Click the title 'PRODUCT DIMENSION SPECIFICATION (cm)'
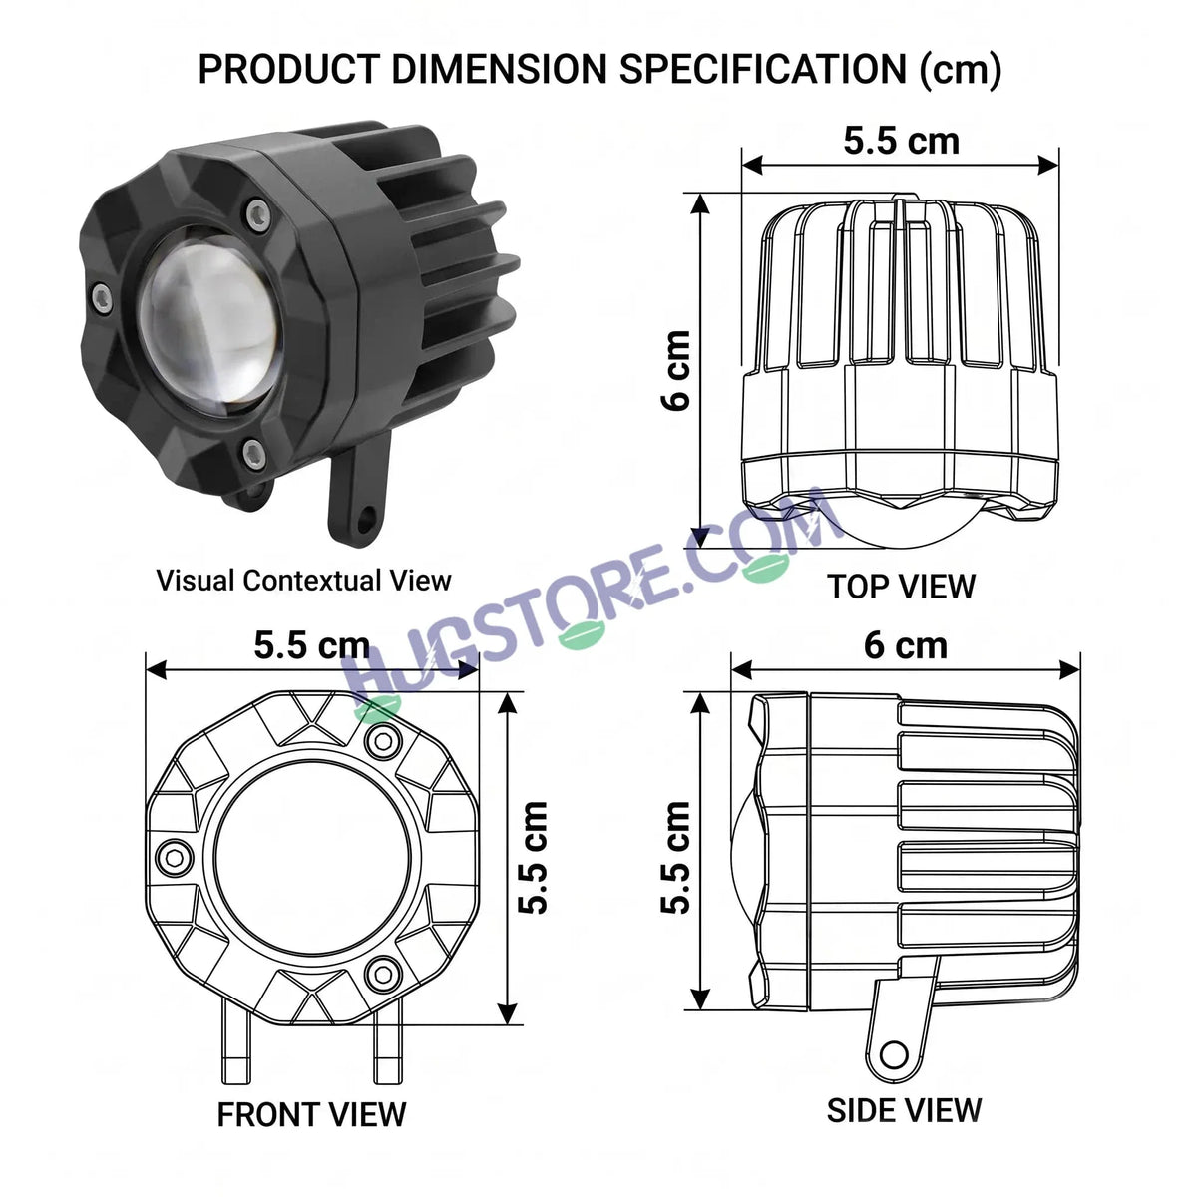pos(599,69)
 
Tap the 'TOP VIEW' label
pos(902,587)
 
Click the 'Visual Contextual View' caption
pos(304,581)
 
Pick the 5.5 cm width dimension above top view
pos(902,141)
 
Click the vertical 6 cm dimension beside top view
pos(676,370)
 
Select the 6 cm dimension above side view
pos(906,646)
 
